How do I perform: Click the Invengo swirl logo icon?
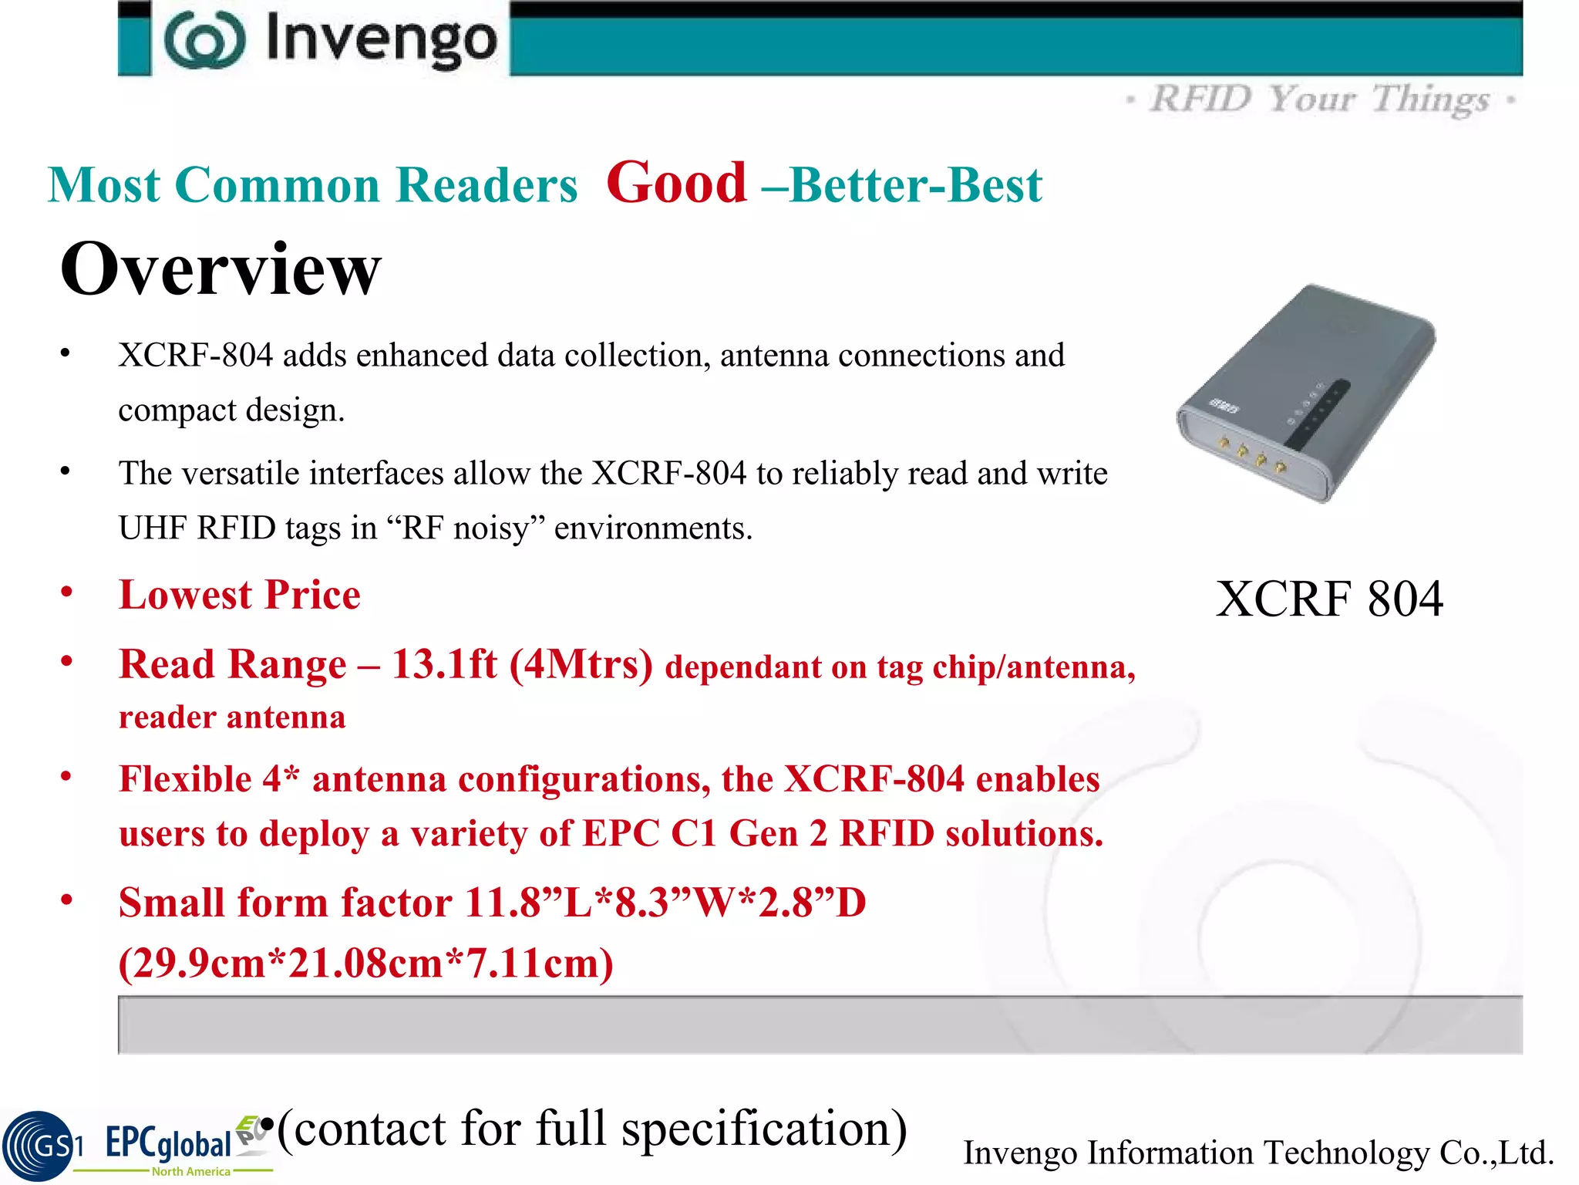click(204, 40)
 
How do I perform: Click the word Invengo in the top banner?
click(381, 40)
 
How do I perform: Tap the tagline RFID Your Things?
click(1319, 100)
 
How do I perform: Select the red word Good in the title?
click(676, 184)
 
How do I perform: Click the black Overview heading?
click(221, 268)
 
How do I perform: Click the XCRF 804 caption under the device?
click(1328, 599)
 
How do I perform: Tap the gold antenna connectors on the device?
click(1251, 454)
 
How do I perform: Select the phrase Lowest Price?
click(239, 595)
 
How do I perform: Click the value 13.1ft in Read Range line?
click(444, 664)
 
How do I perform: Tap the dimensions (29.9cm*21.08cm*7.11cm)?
click(366, 964)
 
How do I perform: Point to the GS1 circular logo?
click(39, 1146)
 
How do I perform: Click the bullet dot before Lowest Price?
click(67, 592)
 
